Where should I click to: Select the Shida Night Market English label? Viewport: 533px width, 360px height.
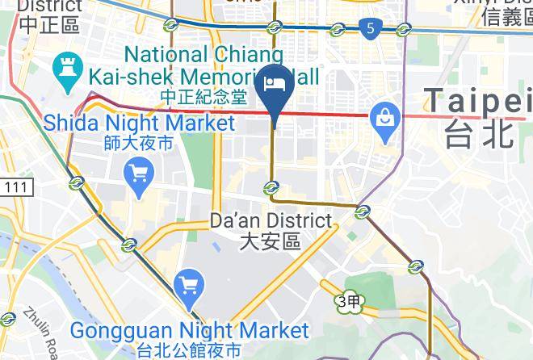pyautogui.click(x=139, y=123)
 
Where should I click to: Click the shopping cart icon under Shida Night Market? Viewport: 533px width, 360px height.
pyautogui.click(x=139, y=172)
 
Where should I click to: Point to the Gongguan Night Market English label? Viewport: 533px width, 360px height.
pyautogui.click(x=189, y=331)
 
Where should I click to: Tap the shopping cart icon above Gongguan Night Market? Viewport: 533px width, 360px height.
pyautogui.click(x=188, y=284)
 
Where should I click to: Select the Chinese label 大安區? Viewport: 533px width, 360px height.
pyautogui.click(x=271, y=241)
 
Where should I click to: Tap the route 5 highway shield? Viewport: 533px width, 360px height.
pyautogui.click(x=369, y=29)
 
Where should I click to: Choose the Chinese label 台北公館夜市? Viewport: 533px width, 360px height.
pyautogui.click(x=189, y=351)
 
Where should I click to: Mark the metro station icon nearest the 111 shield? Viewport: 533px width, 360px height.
pyautogui.click(x=77, y=182)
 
